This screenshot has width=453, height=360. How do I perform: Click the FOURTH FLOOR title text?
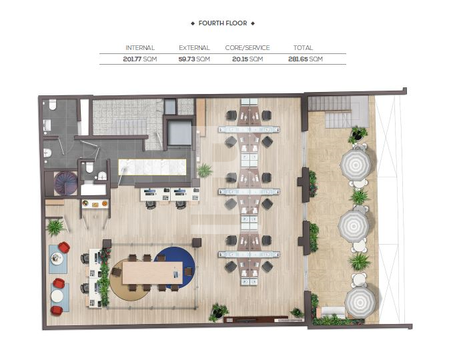point(223,23)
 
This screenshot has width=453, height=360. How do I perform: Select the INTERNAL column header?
point(140,47)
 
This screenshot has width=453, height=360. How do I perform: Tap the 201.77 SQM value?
point(140,59)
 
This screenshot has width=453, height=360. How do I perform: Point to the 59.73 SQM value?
point(194,59)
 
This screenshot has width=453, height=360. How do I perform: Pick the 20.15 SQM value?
point(248,59)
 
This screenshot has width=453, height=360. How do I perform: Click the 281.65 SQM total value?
point(306,59)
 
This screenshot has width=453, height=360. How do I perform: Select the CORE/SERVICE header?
point(248,47)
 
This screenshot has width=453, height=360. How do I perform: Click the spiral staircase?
point(66,183)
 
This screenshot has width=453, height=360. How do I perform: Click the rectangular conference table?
point(153,273)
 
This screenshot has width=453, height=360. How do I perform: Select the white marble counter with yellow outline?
point(152,167)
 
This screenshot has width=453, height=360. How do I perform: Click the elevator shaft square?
point(179,133)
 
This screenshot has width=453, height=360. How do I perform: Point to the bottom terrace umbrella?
point(360,303)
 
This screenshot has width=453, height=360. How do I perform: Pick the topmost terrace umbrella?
point(356,165)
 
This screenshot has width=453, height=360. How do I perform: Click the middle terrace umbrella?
point(354,226)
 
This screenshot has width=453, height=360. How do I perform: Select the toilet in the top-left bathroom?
point(53,105)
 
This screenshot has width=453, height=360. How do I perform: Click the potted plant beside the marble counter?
point(205,170)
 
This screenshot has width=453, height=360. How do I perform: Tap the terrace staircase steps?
point(338,112)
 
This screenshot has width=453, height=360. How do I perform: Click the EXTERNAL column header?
point(194,47)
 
